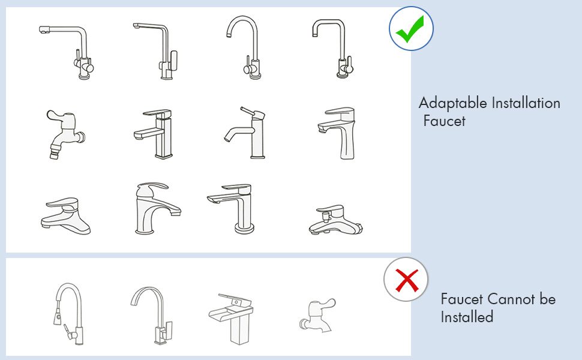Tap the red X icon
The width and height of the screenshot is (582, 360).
tap(406, 280)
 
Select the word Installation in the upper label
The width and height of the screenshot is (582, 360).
tap(526, 103)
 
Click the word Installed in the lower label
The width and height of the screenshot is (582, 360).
tap(467, 317)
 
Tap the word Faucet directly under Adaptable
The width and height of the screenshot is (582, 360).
tap(444, 121)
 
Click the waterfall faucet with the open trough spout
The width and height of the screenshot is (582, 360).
tap(231, 319)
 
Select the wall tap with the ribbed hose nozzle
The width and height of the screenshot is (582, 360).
tap(65, 134)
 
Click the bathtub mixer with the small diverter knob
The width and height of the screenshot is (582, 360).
tap(335, 220)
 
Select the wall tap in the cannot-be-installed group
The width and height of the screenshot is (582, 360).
tap(317, 316)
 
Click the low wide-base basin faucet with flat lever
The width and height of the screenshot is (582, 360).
tap(65, 216)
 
